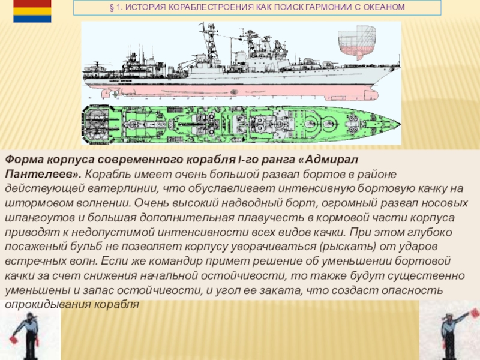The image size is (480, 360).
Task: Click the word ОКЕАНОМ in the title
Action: [x=386, y=8]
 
